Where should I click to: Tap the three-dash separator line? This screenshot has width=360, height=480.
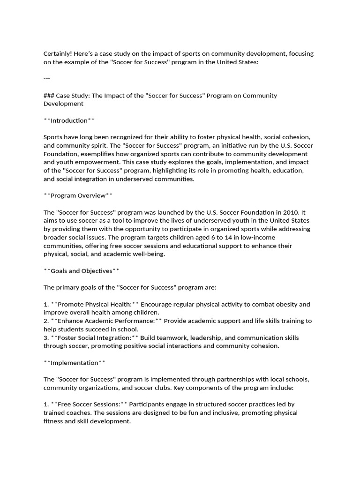click(x=47, y=78)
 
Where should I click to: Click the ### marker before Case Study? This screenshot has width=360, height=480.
click(x=49, y=96)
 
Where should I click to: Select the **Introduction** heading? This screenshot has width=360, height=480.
click(x=69, y=120)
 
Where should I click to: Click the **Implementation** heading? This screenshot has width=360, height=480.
click(x=74, y=362)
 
